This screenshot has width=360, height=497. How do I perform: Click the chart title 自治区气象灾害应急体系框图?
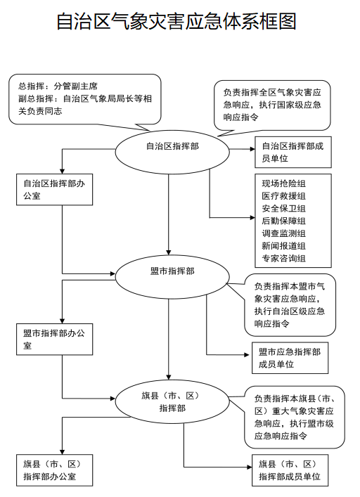(176, 22)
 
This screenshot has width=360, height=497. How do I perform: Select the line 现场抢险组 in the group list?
(283, 183)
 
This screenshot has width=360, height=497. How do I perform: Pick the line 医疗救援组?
(283, 196)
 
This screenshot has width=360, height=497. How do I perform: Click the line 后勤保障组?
(283, 221)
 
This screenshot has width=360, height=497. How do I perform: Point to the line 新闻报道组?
(283, 246)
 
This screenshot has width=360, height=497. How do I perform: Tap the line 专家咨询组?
(283, 258)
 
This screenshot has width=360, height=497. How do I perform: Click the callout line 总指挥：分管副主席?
(58, 86)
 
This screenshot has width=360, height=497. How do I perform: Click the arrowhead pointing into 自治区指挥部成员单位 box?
(252, 149)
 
